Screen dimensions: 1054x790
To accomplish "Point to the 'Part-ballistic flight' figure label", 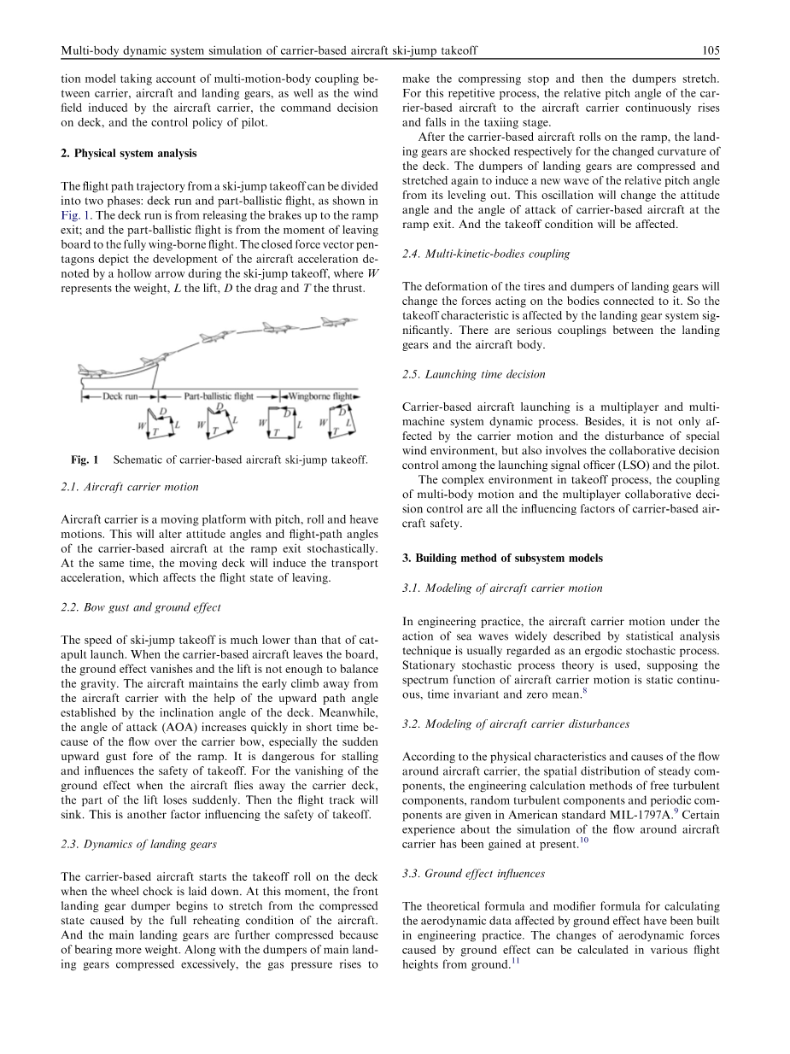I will (x=219, y=396).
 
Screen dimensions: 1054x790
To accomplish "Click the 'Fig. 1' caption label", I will (x=85, y=460).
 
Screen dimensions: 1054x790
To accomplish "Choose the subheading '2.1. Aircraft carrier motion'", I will (x=130, y=487).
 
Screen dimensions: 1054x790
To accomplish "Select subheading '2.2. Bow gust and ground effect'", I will (x=141, y=607).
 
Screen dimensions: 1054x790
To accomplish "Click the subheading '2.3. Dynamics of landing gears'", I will (x=139, y=844).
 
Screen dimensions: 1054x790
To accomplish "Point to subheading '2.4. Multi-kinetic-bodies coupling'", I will (x=485, y=254).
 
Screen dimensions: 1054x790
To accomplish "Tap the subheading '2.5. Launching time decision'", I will (x=473, y=374).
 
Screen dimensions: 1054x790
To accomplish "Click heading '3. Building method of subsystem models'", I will (x=502, y=558).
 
